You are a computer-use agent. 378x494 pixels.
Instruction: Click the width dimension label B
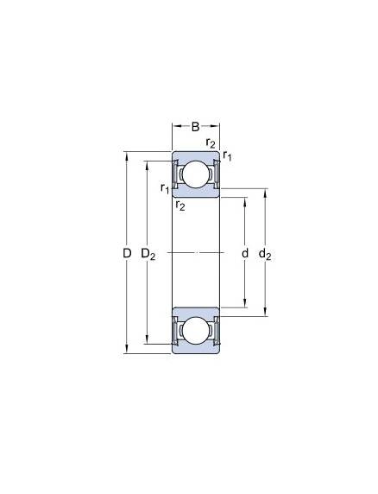coord(195,127)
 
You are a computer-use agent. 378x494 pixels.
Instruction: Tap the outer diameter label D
coord(127,253)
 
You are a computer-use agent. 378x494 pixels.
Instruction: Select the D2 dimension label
coord(148,254)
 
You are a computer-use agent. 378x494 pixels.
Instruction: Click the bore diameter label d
coord(245,253)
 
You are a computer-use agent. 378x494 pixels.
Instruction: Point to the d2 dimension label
coord(265,254)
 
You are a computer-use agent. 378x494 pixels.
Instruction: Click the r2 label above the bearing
coord(211,142)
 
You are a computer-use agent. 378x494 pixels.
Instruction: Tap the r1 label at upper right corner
coord(227,155)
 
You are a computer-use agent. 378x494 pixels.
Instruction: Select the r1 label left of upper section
coord(165,188)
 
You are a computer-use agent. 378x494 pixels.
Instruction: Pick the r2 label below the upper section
coord(180,205)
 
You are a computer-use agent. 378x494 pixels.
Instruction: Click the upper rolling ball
coord(195,174)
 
